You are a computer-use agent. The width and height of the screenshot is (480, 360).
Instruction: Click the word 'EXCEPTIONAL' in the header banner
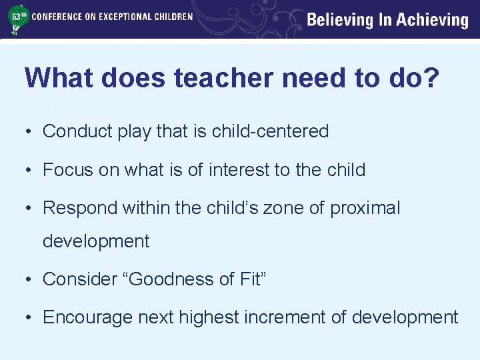[x=116, y=16]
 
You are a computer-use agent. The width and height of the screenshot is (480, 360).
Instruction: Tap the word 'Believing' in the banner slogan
[x=340, y=20]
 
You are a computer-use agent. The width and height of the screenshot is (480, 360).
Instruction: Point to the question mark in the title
[x=431, y=78]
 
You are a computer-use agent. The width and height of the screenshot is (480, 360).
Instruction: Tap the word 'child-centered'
[x=270, y=131]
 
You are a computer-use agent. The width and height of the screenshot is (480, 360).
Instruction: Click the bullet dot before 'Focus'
[x=30, y=171]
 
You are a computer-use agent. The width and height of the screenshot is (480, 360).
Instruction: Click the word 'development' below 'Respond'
[x=96, y=241]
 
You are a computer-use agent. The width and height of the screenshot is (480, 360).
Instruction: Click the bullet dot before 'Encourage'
[x=30, y=318]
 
